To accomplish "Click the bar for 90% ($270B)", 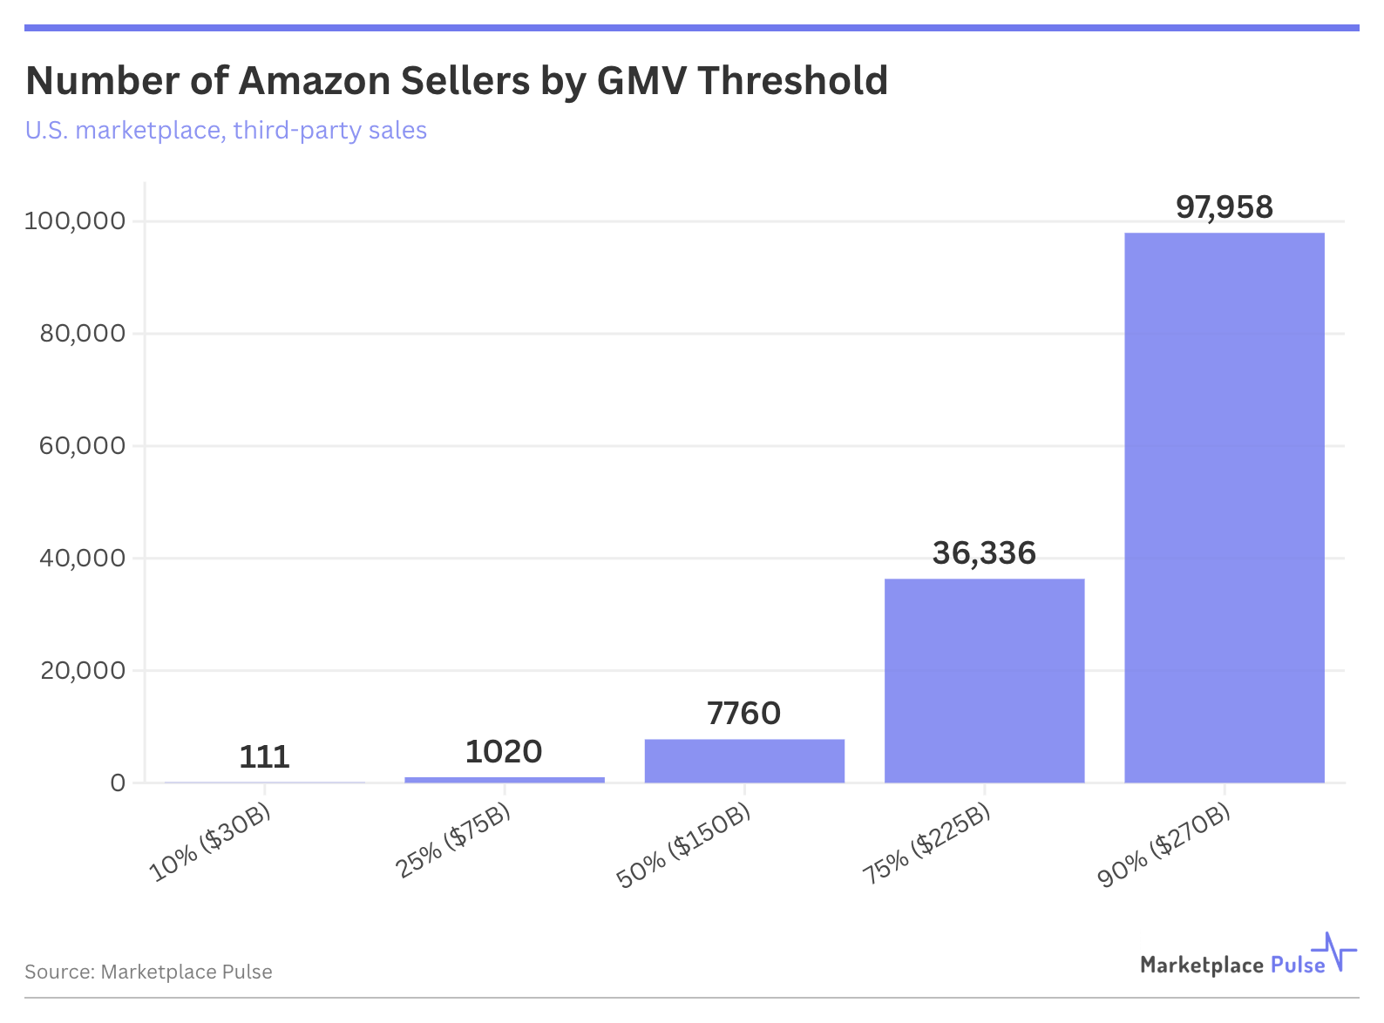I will [1224, 507].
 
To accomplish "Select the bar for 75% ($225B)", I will [984, 681].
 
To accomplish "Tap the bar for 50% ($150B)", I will [744, 761].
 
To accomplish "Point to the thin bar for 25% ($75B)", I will [505, 779].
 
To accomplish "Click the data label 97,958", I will [1224, 207].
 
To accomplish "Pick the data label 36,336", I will [984, 553].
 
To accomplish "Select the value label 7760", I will [744, 714].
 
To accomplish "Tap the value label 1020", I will [504, 752].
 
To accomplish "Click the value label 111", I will [264, 756].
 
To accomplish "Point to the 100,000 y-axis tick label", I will [75, 221].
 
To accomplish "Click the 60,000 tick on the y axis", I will [83, 446].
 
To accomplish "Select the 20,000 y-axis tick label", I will [83, 671].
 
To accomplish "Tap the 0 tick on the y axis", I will [118, 783].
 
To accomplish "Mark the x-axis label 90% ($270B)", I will [1164, 846].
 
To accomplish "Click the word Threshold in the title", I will [792, 81].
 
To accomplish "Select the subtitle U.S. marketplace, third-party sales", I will [226, 131].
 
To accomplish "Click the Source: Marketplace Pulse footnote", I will [148, 972].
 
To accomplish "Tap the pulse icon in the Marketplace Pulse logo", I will [1335, 952].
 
